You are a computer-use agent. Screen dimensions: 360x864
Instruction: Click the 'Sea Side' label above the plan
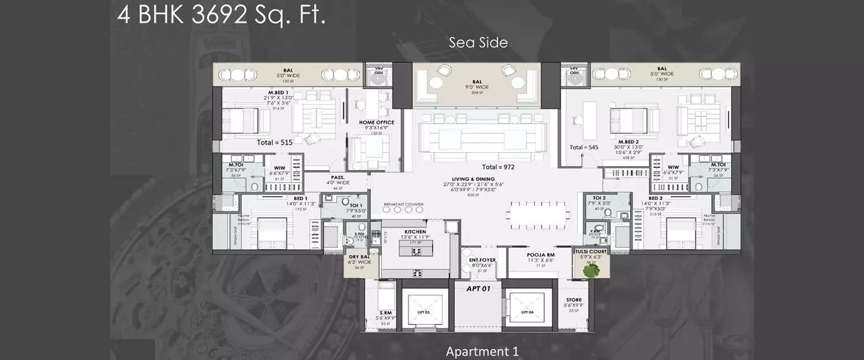tap(478, 43)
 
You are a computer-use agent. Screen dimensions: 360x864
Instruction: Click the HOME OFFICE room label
tap(376, 122)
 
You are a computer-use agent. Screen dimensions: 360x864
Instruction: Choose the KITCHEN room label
tap(415, 232)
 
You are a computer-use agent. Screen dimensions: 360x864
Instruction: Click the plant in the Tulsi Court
tap(589, 270)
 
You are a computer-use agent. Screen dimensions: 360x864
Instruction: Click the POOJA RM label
tap(540, 254)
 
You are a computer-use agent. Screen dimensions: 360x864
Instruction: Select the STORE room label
tap(573, 300)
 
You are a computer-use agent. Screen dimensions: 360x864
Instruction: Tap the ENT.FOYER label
tap(482, 260)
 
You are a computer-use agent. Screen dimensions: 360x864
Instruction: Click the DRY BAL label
tap(359, 257)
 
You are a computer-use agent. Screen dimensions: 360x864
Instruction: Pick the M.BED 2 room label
tap(630, 142)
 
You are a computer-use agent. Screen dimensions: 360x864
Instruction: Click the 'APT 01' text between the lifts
tap(478, 289)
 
